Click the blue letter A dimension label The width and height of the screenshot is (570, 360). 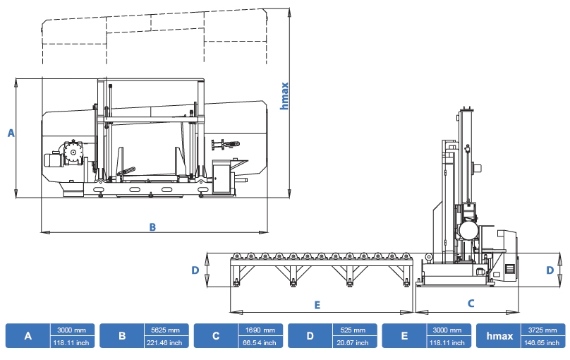[x=11, y=133]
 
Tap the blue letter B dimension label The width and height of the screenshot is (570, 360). [x=152, y=227]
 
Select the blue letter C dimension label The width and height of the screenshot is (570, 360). [x=471, y=304]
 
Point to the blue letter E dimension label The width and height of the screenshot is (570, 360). [x=317, y=305]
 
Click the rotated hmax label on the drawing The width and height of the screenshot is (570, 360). [x=284, y=95]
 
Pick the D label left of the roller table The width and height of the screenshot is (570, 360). [x=195, y=270]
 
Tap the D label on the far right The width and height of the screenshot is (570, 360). [x=550, y=270]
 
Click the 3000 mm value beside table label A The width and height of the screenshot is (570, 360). [x=72, y=330]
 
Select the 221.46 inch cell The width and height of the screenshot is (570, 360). [x=166, y=342]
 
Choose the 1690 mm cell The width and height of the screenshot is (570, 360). [x=260, y=330]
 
